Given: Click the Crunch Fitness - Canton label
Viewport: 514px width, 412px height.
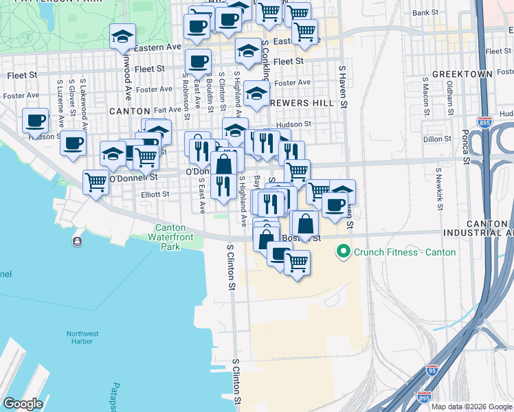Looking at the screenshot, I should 404,252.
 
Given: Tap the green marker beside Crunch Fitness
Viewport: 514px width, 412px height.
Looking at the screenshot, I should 344,252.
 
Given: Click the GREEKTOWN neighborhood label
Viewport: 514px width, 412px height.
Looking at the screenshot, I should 462,73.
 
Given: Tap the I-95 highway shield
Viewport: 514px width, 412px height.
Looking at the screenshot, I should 432,371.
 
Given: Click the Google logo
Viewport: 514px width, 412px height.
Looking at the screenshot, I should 23,403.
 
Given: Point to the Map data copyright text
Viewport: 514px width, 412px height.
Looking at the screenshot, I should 471,407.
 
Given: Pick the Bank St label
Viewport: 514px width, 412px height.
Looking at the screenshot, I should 425,12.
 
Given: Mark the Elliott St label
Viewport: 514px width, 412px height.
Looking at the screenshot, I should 155,194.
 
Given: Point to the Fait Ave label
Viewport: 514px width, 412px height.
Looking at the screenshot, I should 168,110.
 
